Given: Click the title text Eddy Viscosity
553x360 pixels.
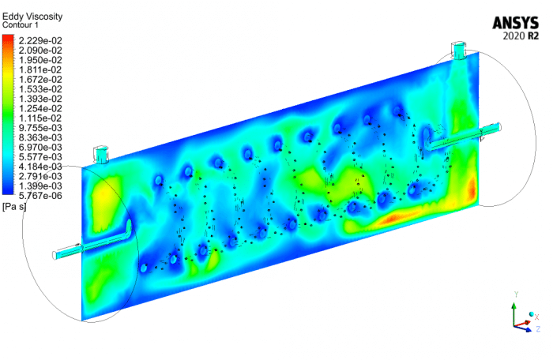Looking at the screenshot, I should click(x=32, y=16).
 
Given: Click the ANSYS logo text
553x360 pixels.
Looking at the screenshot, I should click(x=517, y=22).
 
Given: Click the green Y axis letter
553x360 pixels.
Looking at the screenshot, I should click(x=515, y=294).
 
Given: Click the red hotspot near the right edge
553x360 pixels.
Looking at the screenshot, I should click(x=471, y=189).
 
